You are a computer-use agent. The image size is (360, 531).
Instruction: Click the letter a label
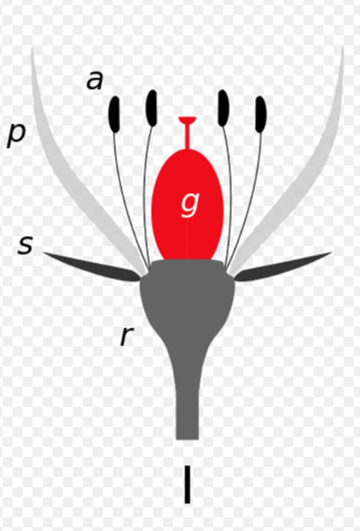[x=95, y=81]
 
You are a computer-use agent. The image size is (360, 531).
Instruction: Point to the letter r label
[x=127, y=337]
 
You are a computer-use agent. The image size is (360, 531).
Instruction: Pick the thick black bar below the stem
[x=187, y=484]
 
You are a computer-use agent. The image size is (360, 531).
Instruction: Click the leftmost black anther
[x=114, y=114]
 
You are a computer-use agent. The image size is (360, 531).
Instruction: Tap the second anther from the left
[x=151, y=108]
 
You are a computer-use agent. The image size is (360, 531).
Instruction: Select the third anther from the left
[x=223, y=108]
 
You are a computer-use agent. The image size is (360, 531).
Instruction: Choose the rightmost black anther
[x=261, y=114]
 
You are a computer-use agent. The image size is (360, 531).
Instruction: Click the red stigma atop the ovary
[x=187, y=120]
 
